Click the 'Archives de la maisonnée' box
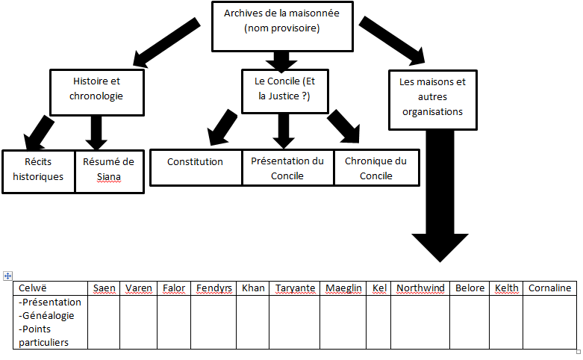282,26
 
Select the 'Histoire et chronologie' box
97,92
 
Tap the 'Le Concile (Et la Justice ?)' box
285,91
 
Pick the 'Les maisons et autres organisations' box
432,100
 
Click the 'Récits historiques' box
38,172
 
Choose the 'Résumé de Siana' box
109,172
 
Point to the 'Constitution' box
196,168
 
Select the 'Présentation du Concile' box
288,168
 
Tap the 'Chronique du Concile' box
377,168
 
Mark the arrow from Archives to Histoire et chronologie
166,43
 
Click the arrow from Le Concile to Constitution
222,128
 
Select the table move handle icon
7,276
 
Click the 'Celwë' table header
33,288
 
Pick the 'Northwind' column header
420,288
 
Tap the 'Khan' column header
253,288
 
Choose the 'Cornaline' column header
550,288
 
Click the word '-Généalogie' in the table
46,315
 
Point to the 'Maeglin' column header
343,288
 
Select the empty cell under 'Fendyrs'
213,322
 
